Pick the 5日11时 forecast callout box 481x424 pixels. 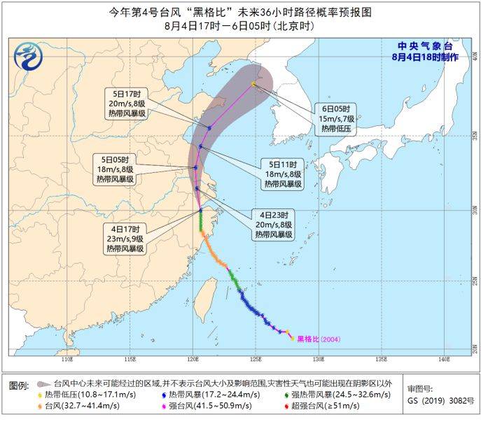coord(284,174)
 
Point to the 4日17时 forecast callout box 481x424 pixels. coord(126,239)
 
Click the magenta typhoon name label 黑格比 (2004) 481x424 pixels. coord(319,339)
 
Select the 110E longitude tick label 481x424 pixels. coord(67,360)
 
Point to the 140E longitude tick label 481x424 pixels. coord(442,360)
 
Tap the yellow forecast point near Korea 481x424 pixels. coord(253,84)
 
